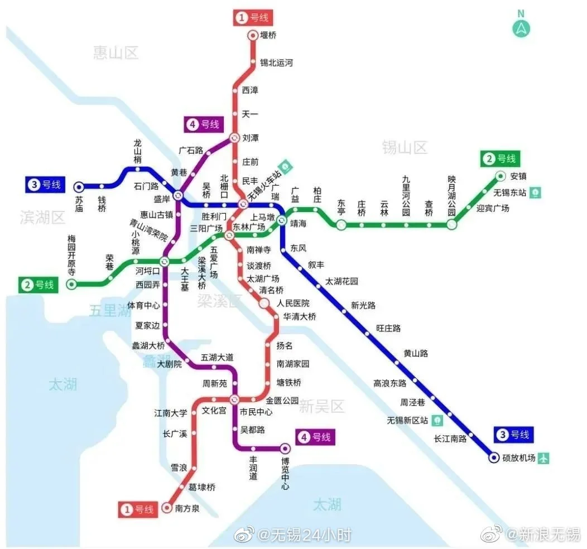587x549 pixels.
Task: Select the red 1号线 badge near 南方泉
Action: (137, 509)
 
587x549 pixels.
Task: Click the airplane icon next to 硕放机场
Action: (544, 458)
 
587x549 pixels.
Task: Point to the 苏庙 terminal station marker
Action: (79, 187)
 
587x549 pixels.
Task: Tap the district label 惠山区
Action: (116, 53)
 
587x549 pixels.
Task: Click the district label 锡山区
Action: (405, 147)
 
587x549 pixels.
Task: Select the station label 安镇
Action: (518, 176)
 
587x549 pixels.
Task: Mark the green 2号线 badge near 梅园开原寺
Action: (39, 285)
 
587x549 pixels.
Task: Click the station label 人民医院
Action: (293, 304)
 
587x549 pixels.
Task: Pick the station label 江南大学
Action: (171, 413)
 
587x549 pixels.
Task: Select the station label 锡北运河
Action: (276, 62)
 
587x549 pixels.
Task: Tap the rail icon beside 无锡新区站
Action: (439, 420)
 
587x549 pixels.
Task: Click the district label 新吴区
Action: (322, 406)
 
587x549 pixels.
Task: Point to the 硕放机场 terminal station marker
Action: (494, 458)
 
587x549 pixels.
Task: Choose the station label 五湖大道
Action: (217, 357)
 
